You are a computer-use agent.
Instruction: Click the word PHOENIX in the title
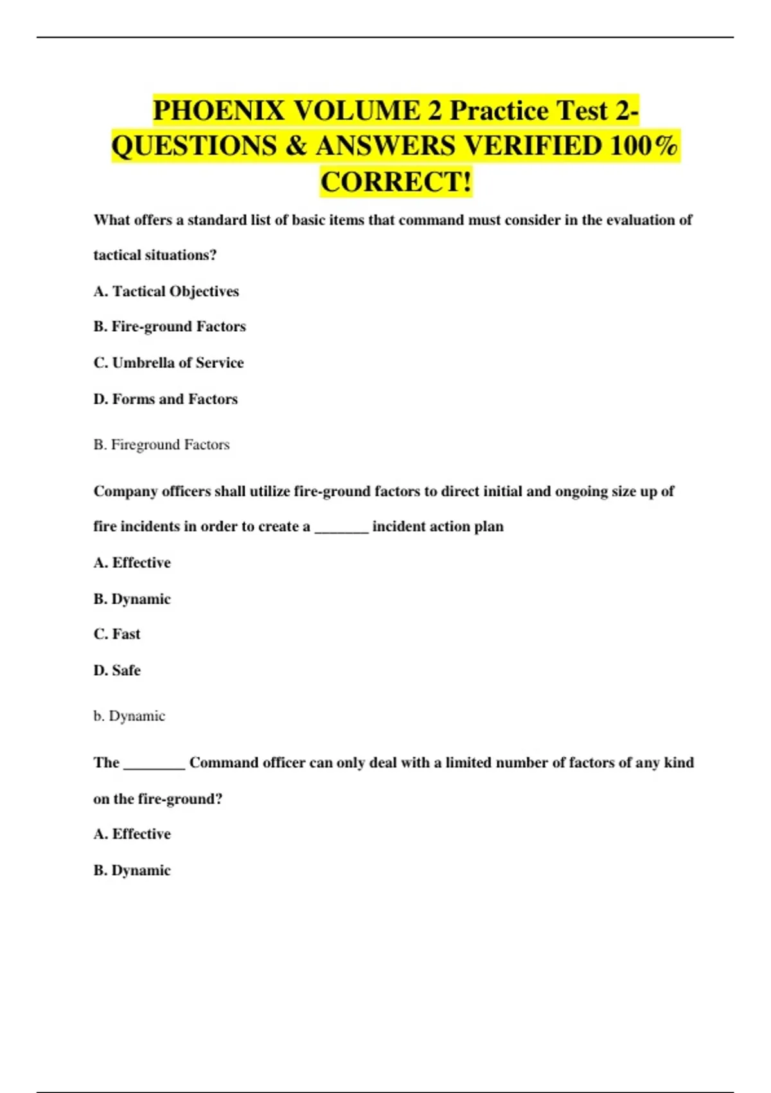tap(218, 111)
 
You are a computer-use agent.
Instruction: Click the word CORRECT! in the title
tap(396, 181)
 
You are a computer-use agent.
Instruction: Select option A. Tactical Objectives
tap(166, 291)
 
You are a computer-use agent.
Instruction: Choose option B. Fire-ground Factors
tap(170, 327)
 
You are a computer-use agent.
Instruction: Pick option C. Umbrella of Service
tap(168, 363)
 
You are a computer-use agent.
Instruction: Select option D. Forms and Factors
tap(165, 399)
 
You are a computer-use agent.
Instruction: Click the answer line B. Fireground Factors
tap(161, 445)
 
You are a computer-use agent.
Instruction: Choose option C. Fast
tap(117, 634)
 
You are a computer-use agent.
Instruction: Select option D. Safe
tap(117, 671)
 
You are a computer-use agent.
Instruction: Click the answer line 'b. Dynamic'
tap(129, 716)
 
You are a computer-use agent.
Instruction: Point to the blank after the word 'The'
tap(154, 764)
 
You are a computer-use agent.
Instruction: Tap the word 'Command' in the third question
tap(224, 763)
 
